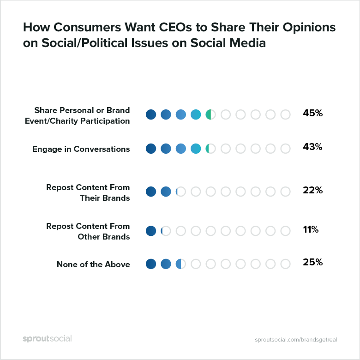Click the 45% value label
[x=312, y=113]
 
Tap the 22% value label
[x=312, y=190]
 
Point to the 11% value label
[x=311, y=229]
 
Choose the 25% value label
[x=312, y=262]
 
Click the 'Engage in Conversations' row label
[x=81, y=149]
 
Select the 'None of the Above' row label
[x=93, y=264]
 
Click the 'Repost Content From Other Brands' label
[x=88, y=232]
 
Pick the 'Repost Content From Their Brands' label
[x=88, y=193]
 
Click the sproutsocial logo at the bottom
[x=47, y=338]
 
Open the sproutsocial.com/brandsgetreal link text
[x=296, y=339]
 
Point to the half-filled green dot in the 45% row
[x=210, y=114]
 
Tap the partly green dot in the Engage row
[x=210, y=149]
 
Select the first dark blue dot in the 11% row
[x=151, y=231]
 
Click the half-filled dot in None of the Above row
[x=180, y=264]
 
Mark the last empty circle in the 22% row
[x=286, y=192]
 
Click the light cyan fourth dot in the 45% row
[x=196, y=114]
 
